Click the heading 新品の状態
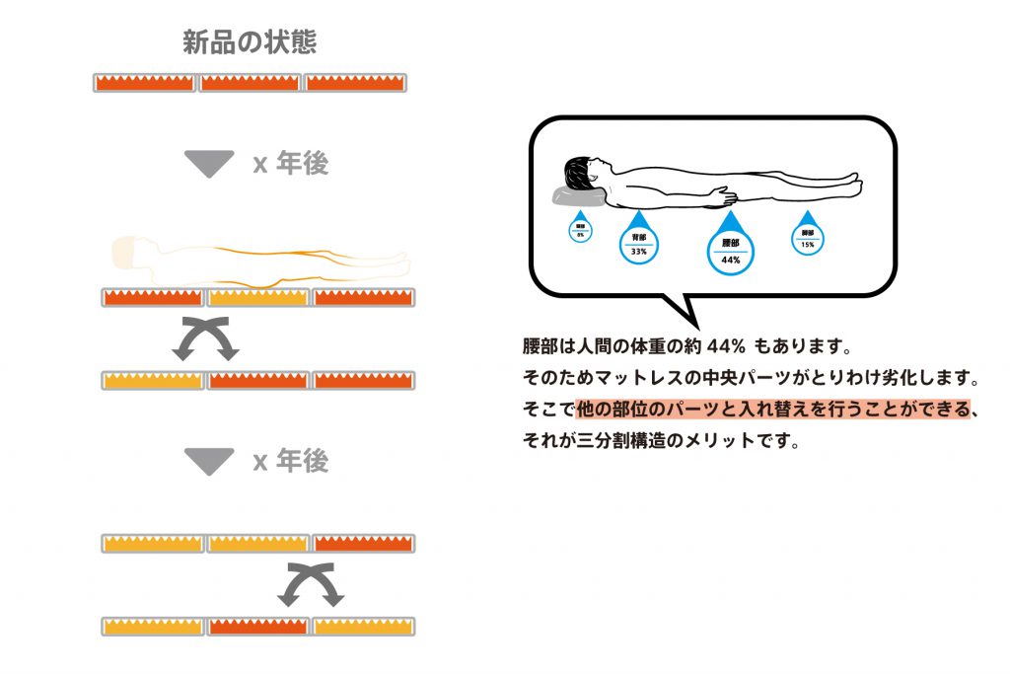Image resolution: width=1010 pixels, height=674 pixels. click(250, 42)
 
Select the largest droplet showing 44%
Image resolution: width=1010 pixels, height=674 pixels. click(730, 249)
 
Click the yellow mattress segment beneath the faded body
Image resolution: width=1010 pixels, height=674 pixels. click(258, 297)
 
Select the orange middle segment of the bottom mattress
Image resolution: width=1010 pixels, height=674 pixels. click(258, 626)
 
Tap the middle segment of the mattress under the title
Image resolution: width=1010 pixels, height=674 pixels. click(251, 83)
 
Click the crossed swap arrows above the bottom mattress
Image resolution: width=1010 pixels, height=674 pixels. click(310, 585)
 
